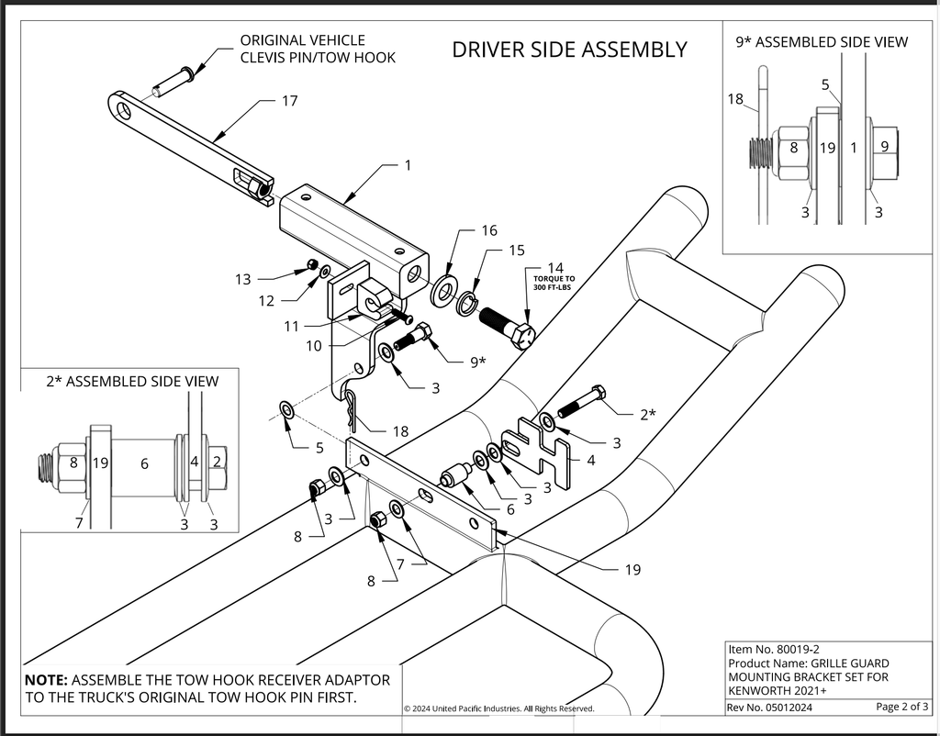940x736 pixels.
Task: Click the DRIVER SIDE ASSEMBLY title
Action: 569,50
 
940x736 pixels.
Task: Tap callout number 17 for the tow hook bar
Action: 289,101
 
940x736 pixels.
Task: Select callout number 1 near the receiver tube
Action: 408,165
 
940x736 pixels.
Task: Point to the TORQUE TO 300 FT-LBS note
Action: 554,283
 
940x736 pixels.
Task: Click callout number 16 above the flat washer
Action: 489,230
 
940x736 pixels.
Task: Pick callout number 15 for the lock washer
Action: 517,250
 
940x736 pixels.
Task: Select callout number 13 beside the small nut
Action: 242,279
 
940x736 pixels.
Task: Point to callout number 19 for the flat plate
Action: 633,569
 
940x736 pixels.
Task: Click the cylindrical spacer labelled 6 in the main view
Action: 453,476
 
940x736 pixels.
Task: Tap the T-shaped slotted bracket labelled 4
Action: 535,451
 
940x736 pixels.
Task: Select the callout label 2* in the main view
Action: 648,414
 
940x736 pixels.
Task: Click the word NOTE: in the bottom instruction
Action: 46,680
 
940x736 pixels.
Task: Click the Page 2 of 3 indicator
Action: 901,707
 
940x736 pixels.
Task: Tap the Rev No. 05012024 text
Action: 770,708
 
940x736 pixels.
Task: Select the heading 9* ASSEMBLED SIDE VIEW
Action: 822,42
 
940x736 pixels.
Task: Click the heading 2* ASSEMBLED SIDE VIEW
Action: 132,381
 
